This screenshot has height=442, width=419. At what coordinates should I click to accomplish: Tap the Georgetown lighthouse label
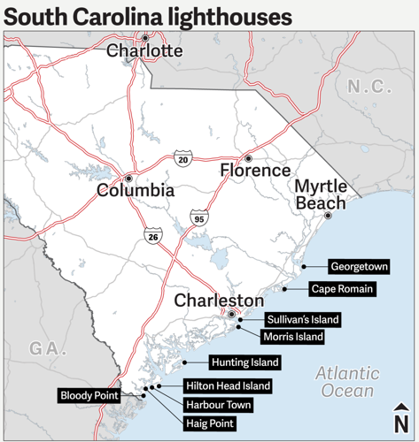[x=359, y=266]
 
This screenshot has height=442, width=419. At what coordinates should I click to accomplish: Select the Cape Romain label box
[x=342, y=289]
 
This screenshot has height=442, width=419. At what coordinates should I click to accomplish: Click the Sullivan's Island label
[x=302, y=319]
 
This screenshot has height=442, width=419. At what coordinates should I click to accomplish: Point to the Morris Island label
[x=292, y=337]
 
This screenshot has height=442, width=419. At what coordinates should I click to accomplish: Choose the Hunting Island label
[x=244, y=362]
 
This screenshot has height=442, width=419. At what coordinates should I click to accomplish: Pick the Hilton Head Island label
[x=227, y=386]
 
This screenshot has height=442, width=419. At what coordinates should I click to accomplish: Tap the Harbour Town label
[x=218, y=405]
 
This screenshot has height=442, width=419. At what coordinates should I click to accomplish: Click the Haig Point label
[x=210, y=423]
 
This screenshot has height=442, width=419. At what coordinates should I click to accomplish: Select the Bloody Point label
[x=89, y=396]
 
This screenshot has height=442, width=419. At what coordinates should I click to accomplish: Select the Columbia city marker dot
[x=129, y=177]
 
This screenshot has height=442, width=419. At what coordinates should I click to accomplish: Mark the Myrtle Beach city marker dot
[x=328, y=216]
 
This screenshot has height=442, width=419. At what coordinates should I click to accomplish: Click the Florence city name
[x=255, y=171]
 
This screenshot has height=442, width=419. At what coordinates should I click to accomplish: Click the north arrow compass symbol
[x=400, y=418]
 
